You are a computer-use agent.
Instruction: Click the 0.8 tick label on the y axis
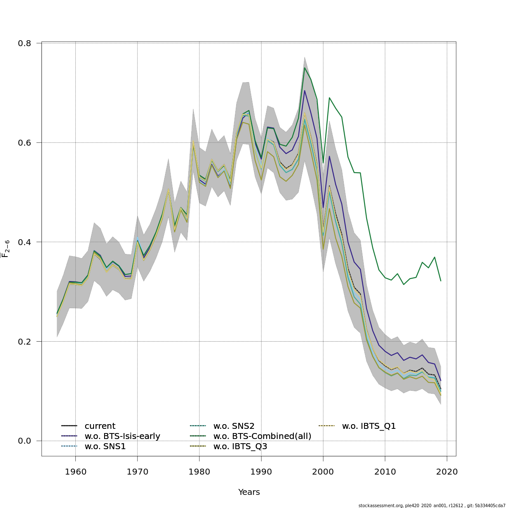(25, 43)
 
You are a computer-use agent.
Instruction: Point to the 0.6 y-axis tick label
(25, 143)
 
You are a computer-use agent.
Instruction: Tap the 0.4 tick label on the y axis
(25, 242)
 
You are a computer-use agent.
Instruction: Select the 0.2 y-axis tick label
(25, 342)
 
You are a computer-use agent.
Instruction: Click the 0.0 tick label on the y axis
(25, 441)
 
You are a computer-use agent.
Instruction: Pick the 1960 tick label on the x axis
(76, 472)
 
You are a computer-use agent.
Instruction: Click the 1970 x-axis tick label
(138, 472)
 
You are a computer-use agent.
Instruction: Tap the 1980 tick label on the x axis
(199, 472)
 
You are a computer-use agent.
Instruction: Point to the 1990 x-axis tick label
(261, 472)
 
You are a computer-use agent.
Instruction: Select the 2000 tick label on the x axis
(323, 472)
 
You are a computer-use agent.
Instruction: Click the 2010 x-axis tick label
(385, 472)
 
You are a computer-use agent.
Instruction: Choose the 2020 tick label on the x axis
(447, 472)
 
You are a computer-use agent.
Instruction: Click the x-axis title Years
(249, 492)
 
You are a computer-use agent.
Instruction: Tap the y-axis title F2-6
(6, 248)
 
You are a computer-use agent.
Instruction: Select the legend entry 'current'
(100, 426)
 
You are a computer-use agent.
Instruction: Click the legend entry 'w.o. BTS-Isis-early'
(122, 436)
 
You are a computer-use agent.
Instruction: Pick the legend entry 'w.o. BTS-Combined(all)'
(262, 436)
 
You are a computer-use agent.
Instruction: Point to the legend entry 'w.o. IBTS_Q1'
(369, 426)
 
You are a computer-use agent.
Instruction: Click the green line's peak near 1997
(304, 68)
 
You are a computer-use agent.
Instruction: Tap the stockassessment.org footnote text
(432, 505)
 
